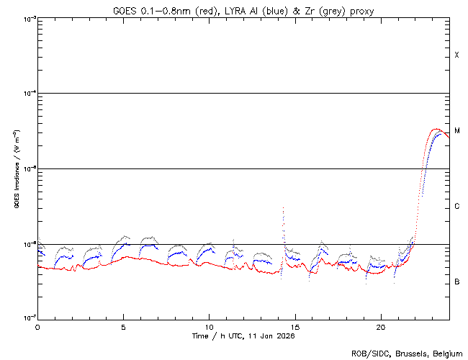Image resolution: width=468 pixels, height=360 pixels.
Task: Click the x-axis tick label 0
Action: click(x=37, y=326)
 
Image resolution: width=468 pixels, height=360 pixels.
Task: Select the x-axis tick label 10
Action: click(x=209, y=326)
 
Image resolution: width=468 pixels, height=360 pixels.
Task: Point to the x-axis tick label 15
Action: click(x=294, y=326)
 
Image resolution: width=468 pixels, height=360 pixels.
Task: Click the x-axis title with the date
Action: click(x=244, y=336)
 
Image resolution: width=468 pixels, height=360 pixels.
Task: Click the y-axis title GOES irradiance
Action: click(x=16, y=169)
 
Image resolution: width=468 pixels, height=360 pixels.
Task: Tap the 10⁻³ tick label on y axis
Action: click(x=27, y=18)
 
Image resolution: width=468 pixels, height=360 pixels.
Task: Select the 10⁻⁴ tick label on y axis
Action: click(x=27, y=94)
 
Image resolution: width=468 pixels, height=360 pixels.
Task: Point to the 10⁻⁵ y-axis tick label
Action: click(x=27, y=168)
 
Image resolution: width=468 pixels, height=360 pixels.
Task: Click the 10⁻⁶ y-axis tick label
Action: click(x=27, y=244)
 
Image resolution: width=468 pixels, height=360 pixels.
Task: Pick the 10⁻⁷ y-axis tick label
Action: click(x=27, y=319)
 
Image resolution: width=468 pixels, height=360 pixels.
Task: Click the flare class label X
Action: click(x=456, y=55)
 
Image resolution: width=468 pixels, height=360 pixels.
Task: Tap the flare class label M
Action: click(x=456, y=131)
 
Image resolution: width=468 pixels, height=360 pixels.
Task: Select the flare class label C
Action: click(x=456, y=207)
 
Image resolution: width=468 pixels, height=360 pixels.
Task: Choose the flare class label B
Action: click(x=456, y=282)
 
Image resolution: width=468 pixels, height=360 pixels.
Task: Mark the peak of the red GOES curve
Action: click(x=436, y=129)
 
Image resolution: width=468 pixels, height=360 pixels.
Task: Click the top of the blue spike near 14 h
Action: click(x=283, y=207)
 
